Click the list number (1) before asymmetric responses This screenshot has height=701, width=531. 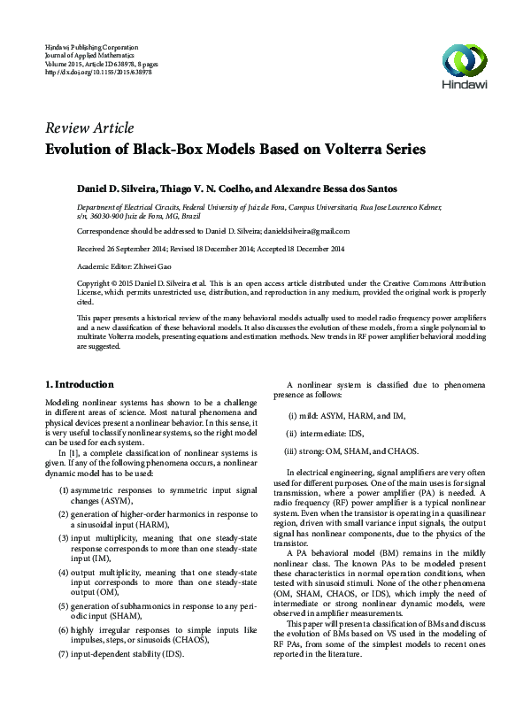pos(65,490)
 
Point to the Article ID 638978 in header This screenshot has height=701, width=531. pos(117,62)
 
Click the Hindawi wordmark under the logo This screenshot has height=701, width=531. pos(464,87)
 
